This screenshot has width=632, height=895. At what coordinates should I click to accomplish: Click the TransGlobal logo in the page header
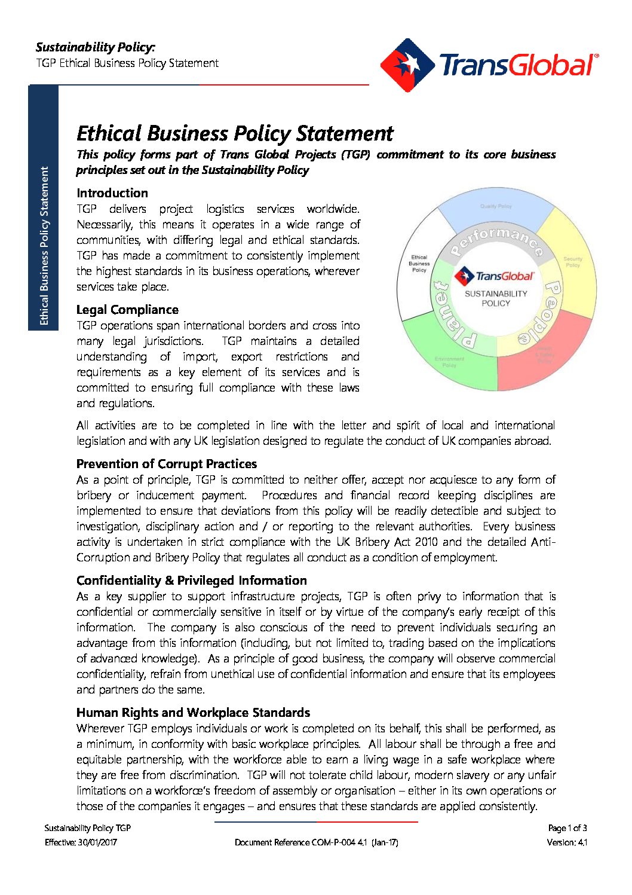[489, 65]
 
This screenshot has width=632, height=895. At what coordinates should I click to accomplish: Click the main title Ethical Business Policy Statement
[235, 133]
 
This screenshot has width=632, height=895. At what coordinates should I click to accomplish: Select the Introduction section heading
[112, 193]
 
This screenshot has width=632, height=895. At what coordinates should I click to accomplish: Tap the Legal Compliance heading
[127, 310]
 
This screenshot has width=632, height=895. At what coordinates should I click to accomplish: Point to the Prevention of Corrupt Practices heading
[167, 464]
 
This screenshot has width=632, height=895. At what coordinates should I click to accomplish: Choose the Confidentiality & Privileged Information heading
[191, 581]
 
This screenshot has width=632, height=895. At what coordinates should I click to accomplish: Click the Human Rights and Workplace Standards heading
[193, 713]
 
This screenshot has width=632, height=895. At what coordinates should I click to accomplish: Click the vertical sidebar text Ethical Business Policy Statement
[44, 246]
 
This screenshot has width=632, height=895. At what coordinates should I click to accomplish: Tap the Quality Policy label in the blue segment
[496, 206]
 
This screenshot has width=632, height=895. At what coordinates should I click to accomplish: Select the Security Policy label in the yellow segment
[572, 262]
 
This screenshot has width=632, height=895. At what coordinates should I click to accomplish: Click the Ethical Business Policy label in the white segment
[419, 264]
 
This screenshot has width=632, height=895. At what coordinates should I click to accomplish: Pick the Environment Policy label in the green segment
[449, 362]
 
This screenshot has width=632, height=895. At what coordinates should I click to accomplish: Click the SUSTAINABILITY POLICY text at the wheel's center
[496, 298]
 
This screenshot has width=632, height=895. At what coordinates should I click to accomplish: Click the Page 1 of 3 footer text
[567, 828]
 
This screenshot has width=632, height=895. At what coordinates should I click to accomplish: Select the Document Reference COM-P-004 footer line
[316, 842]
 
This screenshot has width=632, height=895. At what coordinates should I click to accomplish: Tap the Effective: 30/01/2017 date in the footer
[81, 842]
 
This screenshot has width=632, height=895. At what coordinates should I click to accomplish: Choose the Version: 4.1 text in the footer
[566, 842]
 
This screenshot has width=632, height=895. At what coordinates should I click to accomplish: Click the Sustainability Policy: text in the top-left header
[95, 47]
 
